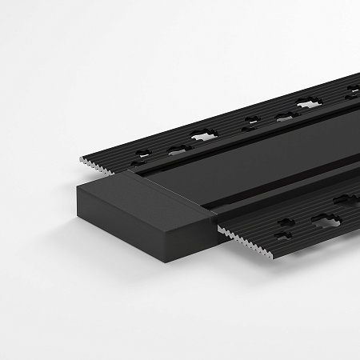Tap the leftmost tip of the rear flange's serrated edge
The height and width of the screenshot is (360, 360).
click(x=81, y=159)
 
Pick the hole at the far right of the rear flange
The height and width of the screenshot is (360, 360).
click(x=352, y=94)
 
